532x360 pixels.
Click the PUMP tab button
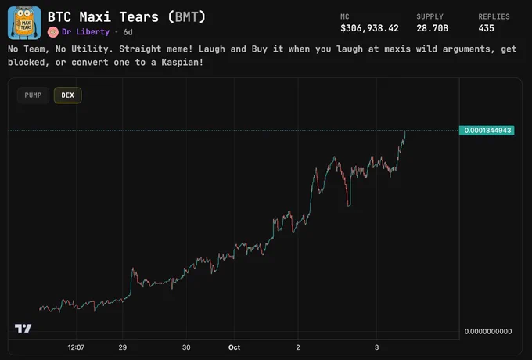click(x=33, y=95)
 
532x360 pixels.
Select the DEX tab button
click(x=67, y=95)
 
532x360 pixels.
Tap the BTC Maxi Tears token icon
click(x=24, y=23)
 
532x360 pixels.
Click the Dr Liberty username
click(x=85, y=32)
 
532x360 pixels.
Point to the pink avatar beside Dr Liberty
click(x=53, y=32)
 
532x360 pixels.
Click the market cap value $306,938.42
click(x=369, y=28)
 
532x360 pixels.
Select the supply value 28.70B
click(x=432, y=28)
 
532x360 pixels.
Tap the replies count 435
click(x=486, y=28)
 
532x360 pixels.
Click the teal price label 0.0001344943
click(x=487, y=131)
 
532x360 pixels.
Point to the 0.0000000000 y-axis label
click(x=488, y=332)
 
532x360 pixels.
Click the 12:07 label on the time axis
click(x=76, y=347)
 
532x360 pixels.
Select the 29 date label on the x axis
click(x=123, y=347)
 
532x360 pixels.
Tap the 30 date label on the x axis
click(x=186, y=347)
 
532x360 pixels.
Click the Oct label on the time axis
click(x=234, y=347)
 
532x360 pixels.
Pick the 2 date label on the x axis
click(x=298, y=347)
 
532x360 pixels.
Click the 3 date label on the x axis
click(x=376, y=347)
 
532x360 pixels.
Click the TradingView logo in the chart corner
click(x=23, y=329)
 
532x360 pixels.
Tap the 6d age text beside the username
click(x=128, y=32)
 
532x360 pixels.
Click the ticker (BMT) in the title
click(x=187, y=17)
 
